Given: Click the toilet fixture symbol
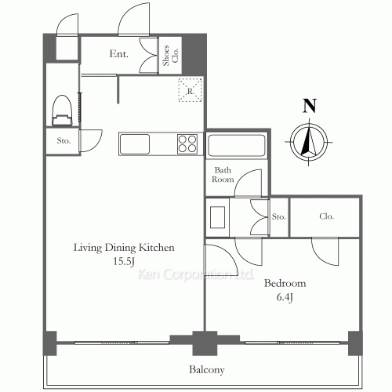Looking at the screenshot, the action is point(62,111).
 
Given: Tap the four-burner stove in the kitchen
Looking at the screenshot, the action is point(187,144).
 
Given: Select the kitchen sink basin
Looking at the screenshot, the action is point(135,144).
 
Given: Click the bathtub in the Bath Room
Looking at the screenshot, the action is point(236,145).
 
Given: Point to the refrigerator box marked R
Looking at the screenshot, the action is point(191,89).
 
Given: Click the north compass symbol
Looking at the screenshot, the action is point(309,143).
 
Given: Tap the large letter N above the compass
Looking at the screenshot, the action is point(310,106).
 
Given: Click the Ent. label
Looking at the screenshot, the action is point(119,54).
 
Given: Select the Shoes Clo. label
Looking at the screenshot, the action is point(170,55).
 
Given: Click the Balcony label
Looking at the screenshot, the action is point(207,370).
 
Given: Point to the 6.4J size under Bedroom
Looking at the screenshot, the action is point(285,297).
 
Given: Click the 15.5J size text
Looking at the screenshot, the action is point(124,261).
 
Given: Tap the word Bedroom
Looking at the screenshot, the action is point(285,283).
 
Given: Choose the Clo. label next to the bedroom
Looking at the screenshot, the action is point(326,216).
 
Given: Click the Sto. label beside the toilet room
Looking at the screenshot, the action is point(64,140).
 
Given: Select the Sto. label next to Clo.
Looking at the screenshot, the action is point(278,216).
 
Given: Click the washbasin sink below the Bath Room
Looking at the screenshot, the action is point(217,217).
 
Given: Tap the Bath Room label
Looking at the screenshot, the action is point(223,175).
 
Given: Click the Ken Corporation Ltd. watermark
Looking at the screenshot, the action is point(196,274).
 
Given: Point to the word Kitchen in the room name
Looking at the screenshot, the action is point(156,247).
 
